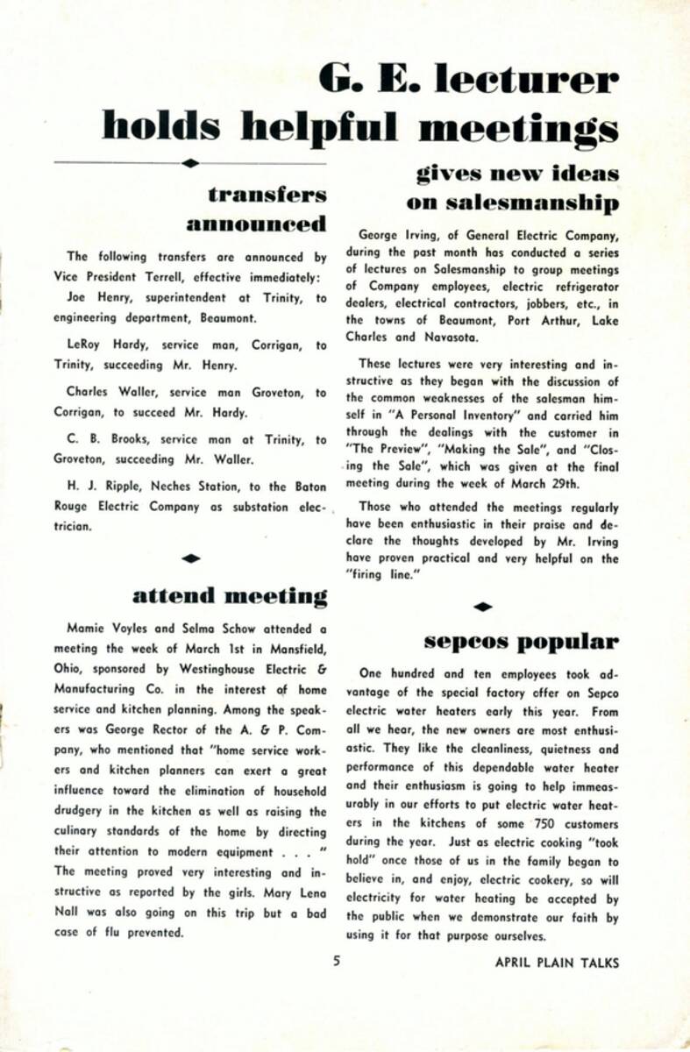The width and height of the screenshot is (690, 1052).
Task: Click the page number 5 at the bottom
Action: (336, 961)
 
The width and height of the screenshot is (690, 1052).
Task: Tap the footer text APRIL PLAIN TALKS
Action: (557, 962)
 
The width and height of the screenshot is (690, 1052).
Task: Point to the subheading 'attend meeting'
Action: (230, 597)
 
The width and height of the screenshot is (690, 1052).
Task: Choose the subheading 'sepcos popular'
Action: (521, 641)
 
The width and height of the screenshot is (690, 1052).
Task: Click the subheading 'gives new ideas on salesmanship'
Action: (512, 188)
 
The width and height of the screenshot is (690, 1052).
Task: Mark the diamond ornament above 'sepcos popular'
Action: (482, 606)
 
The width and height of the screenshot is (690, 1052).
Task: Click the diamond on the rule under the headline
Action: (189, 162)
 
